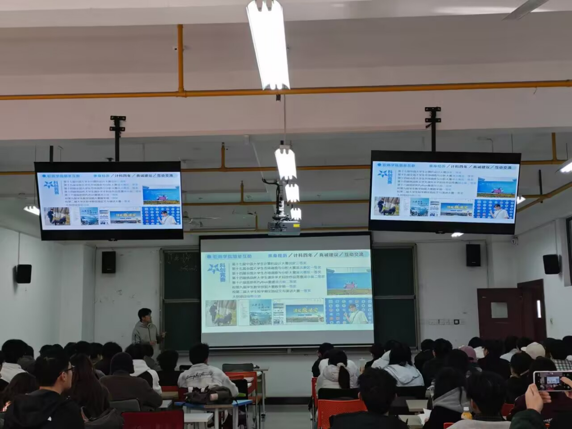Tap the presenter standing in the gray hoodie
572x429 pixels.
(146, 329)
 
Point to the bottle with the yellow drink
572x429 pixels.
(466, 413)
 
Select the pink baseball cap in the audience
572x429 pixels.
(469, 352)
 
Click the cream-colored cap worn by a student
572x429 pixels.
(535, 350)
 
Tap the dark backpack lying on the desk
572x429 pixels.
(209, 395)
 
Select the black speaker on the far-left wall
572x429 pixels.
(23, 274)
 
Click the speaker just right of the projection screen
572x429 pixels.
(473, 255)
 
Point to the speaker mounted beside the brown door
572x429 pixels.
(550, 264)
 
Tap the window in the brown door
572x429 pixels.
(499, 310)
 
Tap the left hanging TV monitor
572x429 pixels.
(109, 201)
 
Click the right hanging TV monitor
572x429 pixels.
(444, 192)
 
